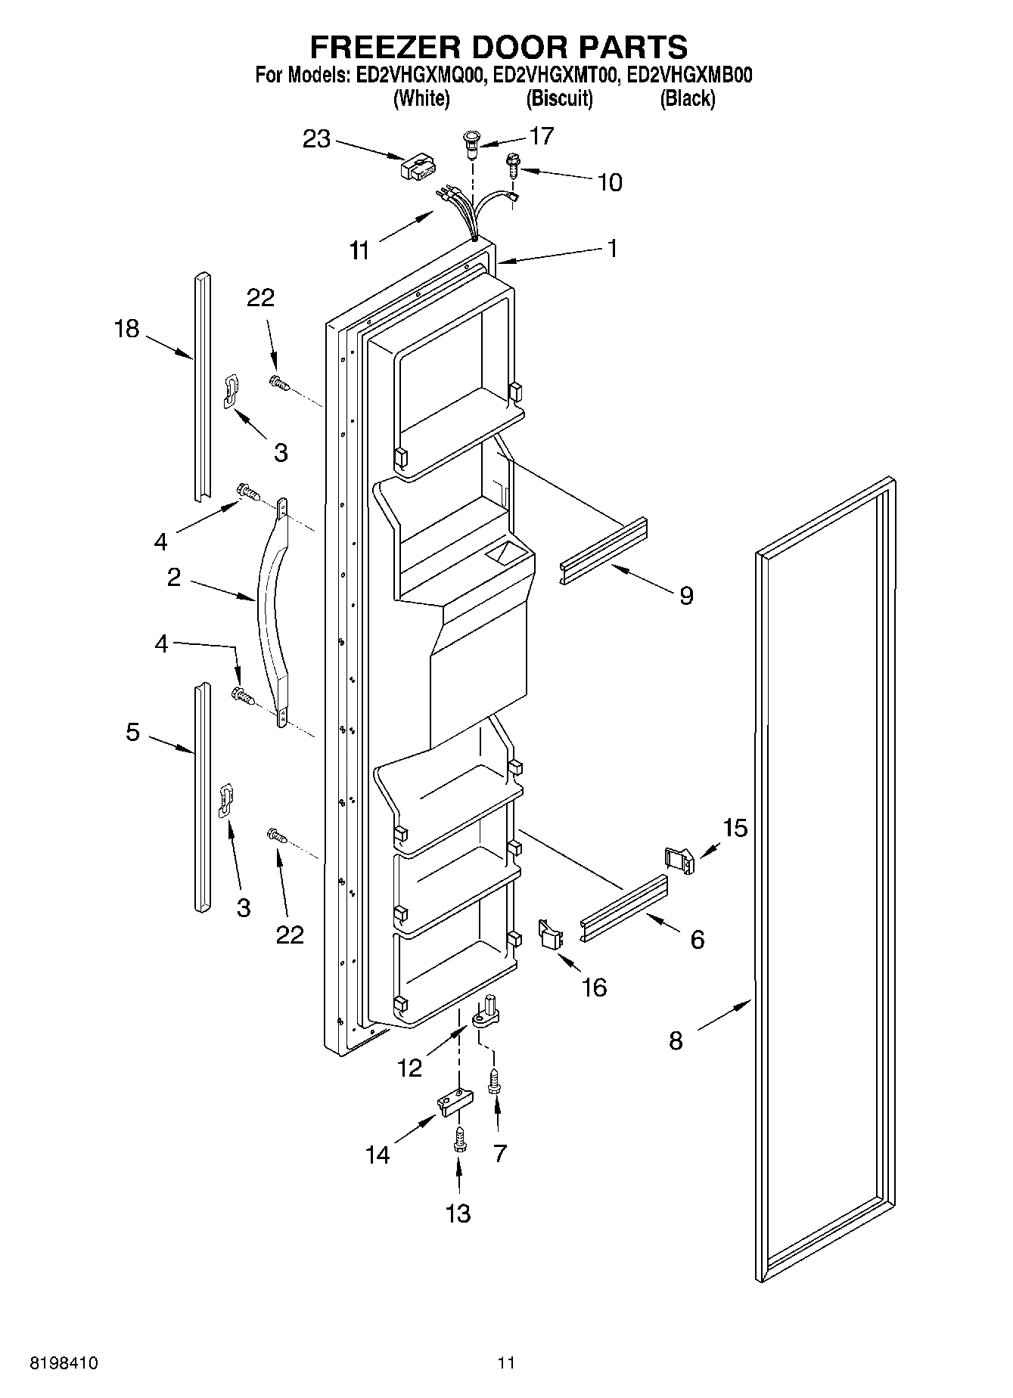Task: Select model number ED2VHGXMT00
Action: click(x=556, y=76)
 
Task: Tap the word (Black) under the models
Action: click(x=687, y=98)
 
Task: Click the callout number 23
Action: click(x=317, y=139)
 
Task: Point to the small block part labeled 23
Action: click(x=418, y=167)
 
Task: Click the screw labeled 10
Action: click(x=513, y=164)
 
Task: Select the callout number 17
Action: click(x=542, y=136)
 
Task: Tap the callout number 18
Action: click(x=127, y=329)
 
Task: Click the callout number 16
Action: click(x=595, y=987)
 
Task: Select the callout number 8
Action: click(x=676, y=1041)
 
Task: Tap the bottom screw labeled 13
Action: click(x=458, y=1145)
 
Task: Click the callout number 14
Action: click(x=378, y=1155)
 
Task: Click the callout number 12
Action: click(x=409, y=1068)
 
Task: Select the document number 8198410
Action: click(x=64, y=1363)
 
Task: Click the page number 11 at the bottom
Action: click(x=506, y=1363)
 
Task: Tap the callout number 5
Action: click(x=132, y=732)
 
